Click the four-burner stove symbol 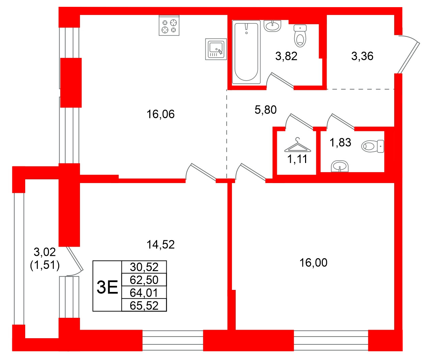click(169, 26)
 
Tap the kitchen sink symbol click(216, 49)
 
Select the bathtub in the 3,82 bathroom click(246, 52)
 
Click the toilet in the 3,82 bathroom click(300, 36)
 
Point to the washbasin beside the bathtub click(272, 26)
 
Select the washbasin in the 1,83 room click(340, 166)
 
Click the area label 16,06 click(161, 114)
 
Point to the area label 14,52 click(161, 244)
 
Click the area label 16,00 click(313, 263)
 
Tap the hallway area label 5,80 click(266, 110)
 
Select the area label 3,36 click(362, 56)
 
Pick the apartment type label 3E click(107, 287)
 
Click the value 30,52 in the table click(144, 267)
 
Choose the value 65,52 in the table click(144, 306)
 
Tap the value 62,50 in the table click(144, 280)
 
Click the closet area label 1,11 click(298, 159)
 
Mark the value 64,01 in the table click(144, 293)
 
